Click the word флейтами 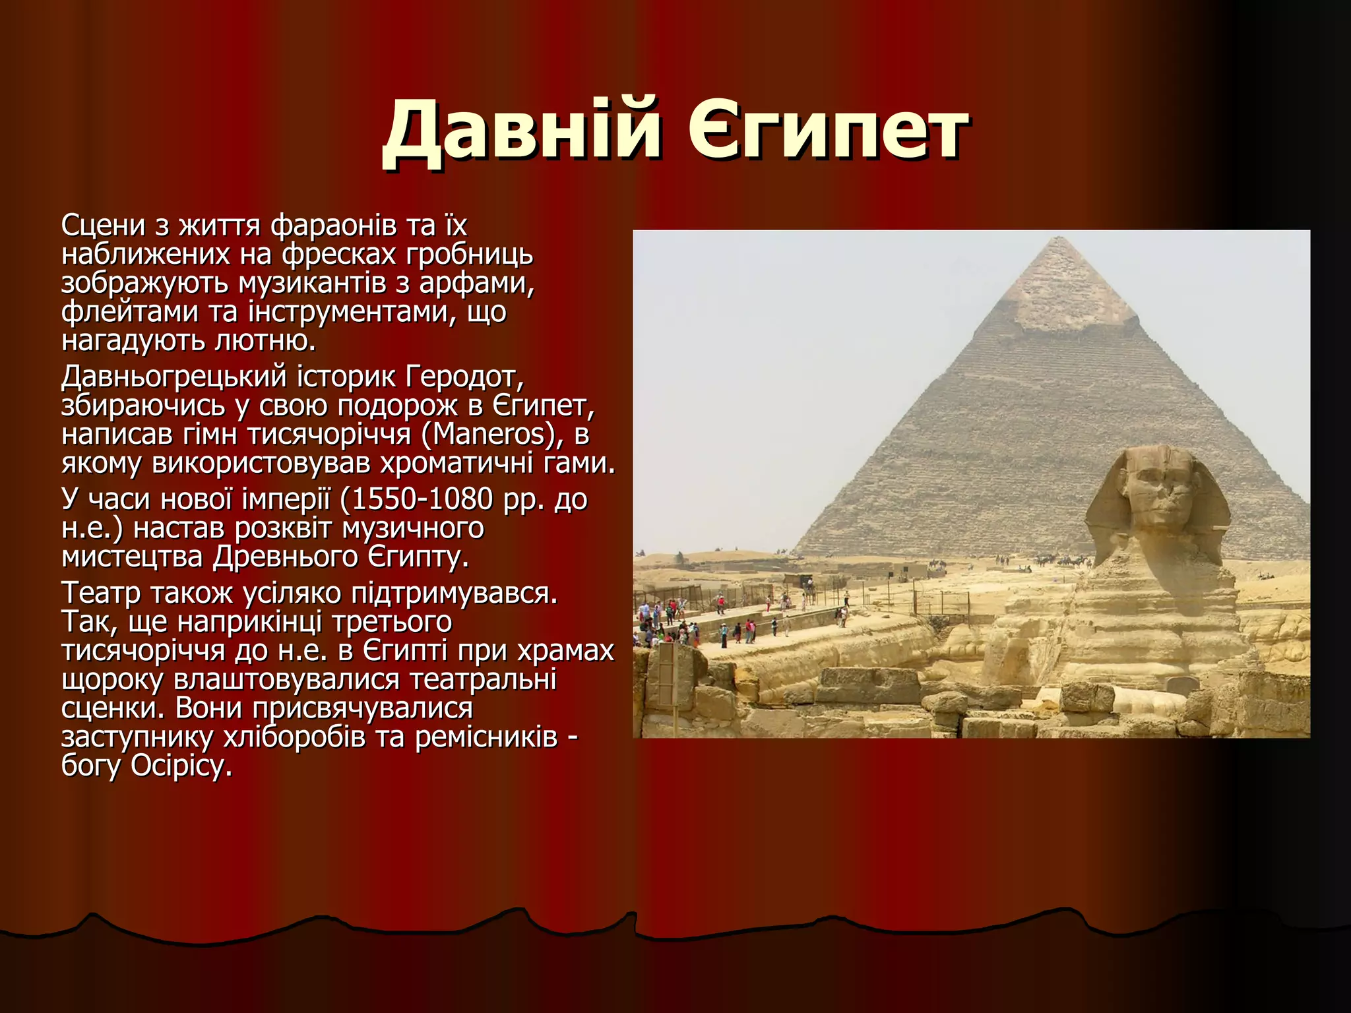point(129,312)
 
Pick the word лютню point(266,341)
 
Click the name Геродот point(464,377)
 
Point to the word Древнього point(285,557)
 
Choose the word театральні point(482,680)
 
